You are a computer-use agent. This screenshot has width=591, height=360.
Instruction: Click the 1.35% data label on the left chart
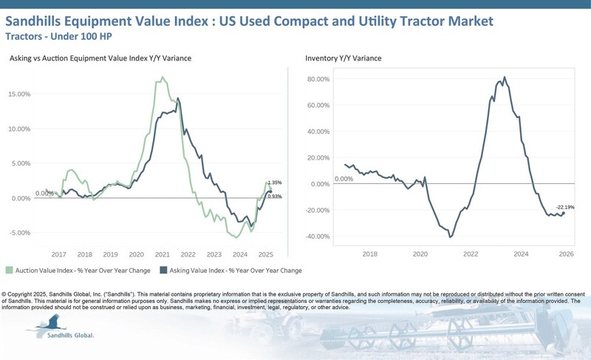click(275, 182)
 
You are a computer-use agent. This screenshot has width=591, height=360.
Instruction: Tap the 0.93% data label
click(275, 196)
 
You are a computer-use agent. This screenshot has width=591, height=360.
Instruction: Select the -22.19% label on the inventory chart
click(565, 207)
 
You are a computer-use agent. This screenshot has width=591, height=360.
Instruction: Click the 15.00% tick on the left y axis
click(21, 94)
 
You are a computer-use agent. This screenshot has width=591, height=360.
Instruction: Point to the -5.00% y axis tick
click(21, 232)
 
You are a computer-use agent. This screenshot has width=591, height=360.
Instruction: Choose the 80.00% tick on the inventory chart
click(318, 79)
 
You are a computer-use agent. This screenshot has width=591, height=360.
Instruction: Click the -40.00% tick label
click(317, 237)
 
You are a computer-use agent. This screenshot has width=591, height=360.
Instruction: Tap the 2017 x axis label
click(59, 253)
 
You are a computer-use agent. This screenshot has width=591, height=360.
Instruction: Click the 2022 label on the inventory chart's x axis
click(471, 253)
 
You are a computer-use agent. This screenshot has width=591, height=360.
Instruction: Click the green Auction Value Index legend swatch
click(10, 271)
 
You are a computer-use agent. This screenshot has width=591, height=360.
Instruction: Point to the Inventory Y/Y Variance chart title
click(345, 58)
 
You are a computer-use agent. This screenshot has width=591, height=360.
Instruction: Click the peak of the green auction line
click(163, 77)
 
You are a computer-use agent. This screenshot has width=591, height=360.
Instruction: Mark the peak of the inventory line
click(505, 77)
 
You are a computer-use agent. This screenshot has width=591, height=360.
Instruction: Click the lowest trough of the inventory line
click(450, 237)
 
